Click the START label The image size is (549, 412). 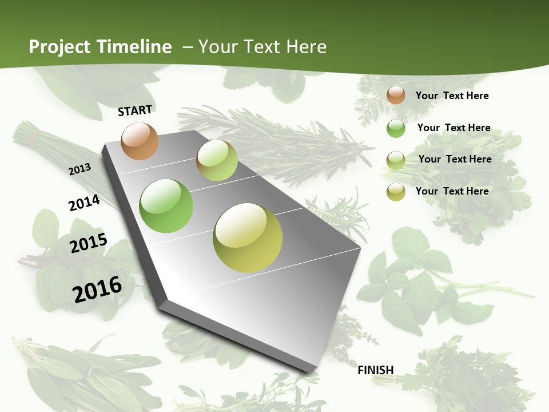pyautogui.click(x=135, y=110)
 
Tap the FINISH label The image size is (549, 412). pyautogui.click(x=376, y=370)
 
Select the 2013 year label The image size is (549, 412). pyautogui.click(x=80, y=169)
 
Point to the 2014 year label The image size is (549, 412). pyautogui.click(x=85, y=203)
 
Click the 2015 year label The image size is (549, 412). pyautogui.click(x=89, y=243)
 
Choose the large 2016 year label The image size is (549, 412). pyautogui.click(x=97, y=289)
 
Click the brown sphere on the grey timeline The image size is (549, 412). pyautogui.click(x=140, y=141)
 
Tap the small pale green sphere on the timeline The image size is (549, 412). pyautogui.click(x=217, y=160)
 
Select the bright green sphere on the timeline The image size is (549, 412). pyautogui.click(x=166, y=206)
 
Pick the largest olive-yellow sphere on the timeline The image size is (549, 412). pyautogui.click(x=248, y=237)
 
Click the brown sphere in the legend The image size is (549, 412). pyautogui.click(x=396, y=95)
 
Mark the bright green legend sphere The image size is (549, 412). pyautogui.click(x=396, y=128)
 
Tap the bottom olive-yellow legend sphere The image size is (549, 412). pyautogui.click(x=396, y=192)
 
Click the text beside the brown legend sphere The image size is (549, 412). pyautogui.click(x=452, y=96)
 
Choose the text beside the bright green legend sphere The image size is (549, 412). pyautogui.click(x=453, y=128)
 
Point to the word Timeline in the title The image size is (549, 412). pyautogui.click(x=134, y=47)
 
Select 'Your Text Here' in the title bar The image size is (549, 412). pyautogui.click(x=262, y=47)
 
